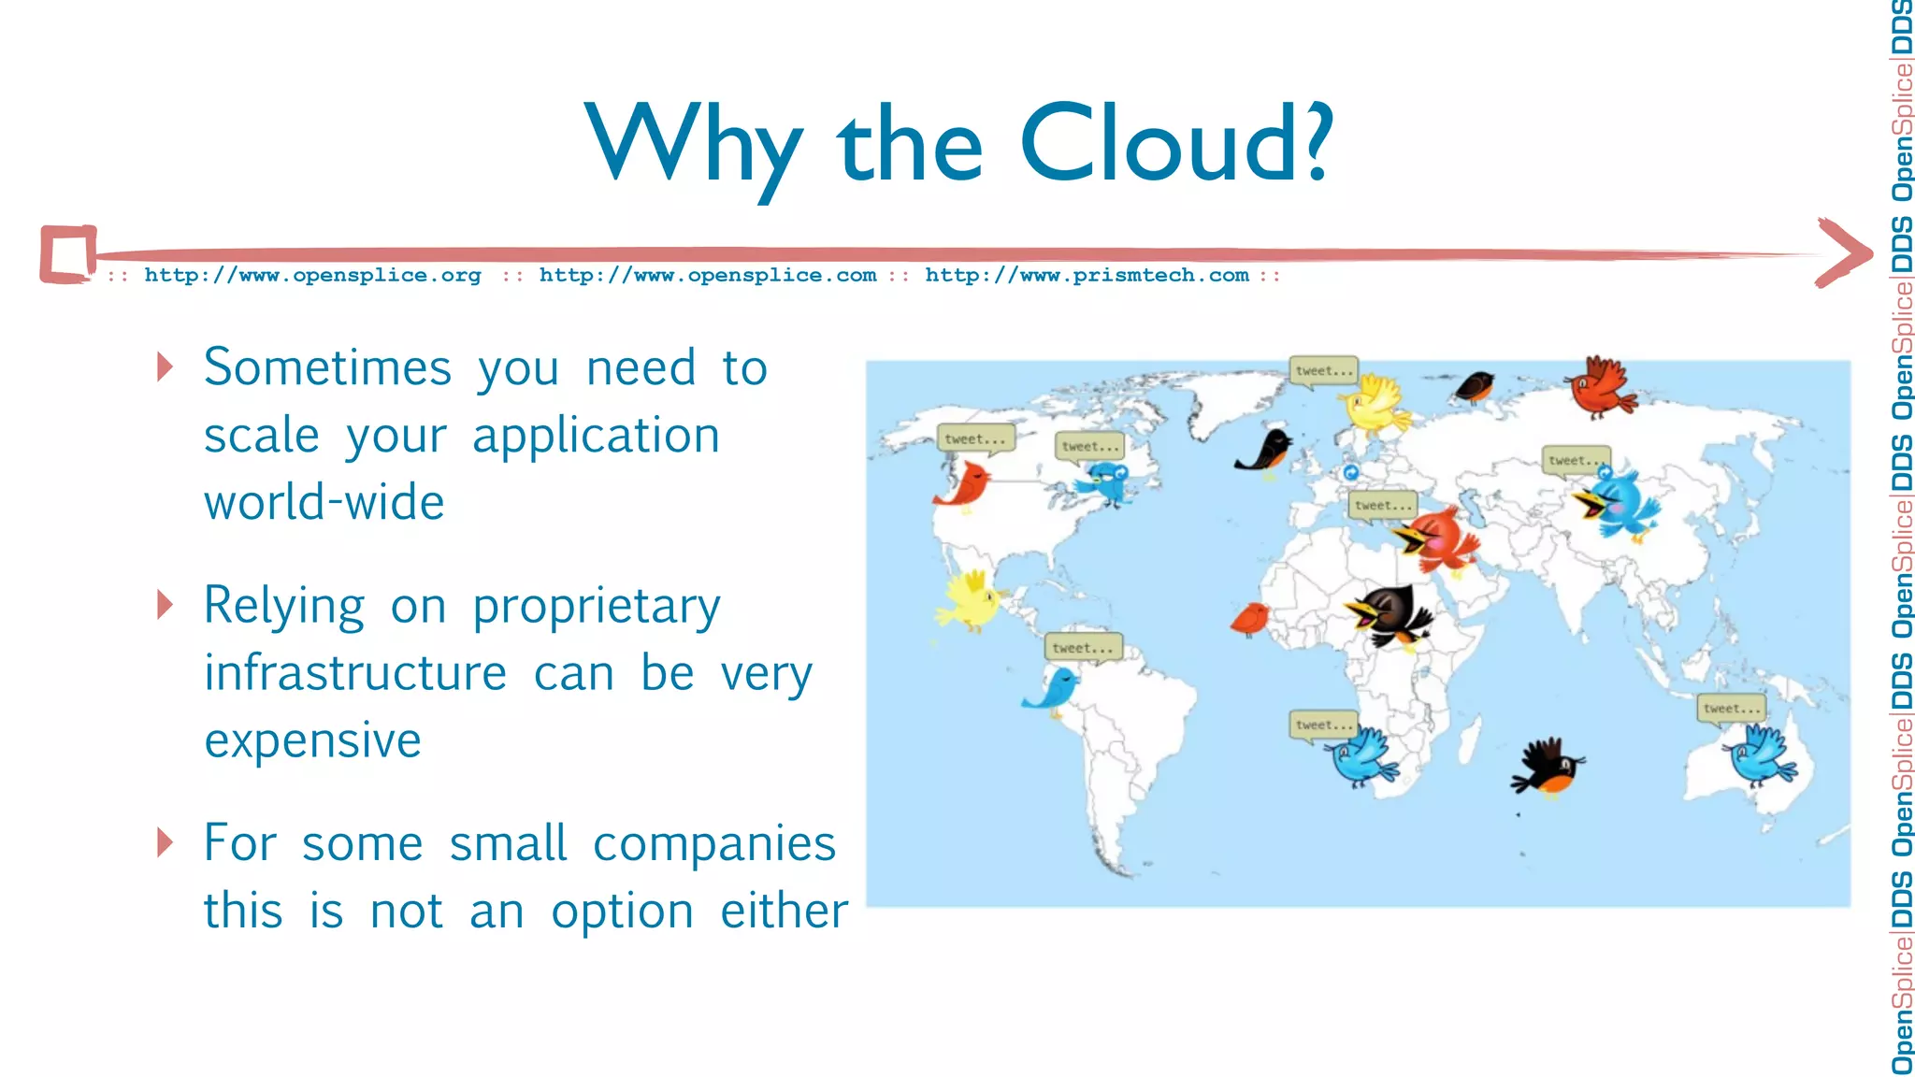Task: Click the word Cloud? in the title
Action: click(1176, 142)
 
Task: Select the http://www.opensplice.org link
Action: click(312, 275)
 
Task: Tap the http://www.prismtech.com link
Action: click(1087, 275)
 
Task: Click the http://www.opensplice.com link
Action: click(708, 275)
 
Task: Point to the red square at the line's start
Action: click(67, 253)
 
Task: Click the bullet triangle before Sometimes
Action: click(166, 366)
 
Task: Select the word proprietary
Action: click(596, 606)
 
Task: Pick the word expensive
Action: click(312, 740)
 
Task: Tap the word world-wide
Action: click(324, 502)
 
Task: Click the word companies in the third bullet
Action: click(713, 843)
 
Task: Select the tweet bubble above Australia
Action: click(1731, 708)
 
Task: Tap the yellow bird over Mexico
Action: click(971, 601)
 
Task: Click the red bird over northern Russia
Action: click(1602, 386)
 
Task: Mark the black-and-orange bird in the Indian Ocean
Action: click(1548, 767)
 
